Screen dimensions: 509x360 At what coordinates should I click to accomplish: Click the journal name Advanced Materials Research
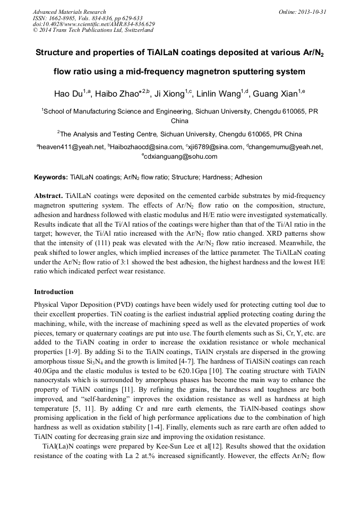tap(69, 12)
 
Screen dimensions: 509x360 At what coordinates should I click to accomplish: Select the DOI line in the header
tap(93, 24)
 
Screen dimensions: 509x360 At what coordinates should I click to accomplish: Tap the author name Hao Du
tap(68, 94)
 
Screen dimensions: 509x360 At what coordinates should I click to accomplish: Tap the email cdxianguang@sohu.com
tap(180, 157)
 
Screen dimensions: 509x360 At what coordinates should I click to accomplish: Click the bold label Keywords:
tap(51, 177)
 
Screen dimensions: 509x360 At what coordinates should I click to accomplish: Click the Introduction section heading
tap(54, 292)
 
